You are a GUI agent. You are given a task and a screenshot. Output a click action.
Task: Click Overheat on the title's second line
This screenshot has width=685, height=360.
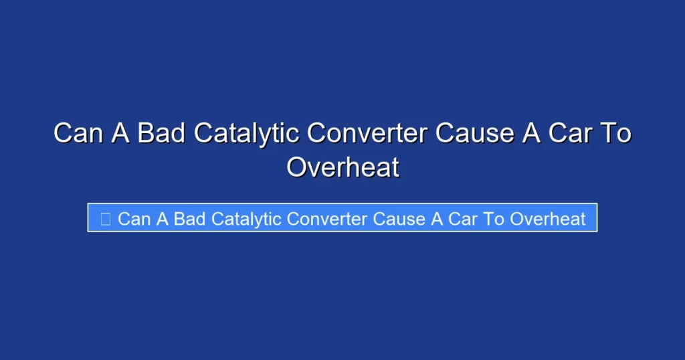[342, 167]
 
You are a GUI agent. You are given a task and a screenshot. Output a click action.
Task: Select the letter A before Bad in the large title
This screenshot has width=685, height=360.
[120, 133]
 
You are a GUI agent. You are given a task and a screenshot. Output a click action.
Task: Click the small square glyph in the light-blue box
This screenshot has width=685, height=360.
[105, 219]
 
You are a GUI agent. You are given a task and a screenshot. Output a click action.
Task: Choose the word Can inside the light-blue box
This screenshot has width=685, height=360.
[134, 219]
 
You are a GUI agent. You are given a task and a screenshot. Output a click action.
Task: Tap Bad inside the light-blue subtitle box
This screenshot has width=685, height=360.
[189, 219]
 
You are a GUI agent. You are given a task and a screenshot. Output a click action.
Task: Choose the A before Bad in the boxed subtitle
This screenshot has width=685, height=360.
[162, 219]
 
